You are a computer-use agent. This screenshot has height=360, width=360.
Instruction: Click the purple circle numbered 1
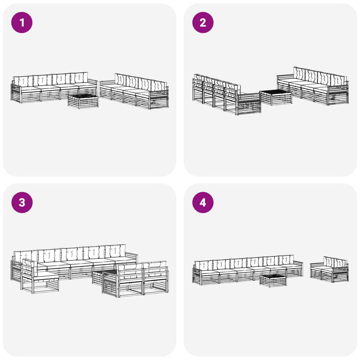[x=22, y=22]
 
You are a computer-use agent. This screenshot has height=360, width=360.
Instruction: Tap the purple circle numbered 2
[x=203, y=22]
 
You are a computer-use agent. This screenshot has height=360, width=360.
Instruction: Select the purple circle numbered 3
[x=22, y=202]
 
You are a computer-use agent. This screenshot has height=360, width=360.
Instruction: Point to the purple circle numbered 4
[x=203, y=202]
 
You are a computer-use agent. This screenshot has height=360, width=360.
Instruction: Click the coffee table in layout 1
[x=83, y=101]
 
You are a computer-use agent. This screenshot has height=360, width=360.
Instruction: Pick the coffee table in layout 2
[x=276, y=97]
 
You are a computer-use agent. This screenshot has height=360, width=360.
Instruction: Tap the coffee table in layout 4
[x=273, y=281]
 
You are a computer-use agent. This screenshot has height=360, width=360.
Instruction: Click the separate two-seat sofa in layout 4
[x=329, y=269]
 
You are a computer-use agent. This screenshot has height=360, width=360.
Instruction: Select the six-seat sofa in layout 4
[x=248, y=270]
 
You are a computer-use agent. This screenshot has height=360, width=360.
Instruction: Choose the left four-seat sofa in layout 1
[x=54, y=88]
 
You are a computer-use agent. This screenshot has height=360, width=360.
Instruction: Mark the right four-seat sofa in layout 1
[x=134, y=91]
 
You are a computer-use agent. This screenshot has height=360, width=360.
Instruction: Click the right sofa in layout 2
[x=313, y=86]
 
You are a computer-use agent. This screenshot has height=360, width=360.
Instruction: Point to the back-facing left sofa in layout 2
[x=227, y=94]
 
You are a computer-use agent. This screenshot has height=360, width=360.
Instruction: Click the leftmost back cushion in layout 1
[x=23, y=81]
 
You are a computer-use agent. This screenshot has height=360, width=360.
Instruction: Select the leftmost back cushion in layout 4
[x=204, y=265]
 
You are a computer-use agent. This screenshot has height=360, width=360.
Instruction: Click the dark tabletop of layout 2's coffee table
[x=276, y=92]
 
